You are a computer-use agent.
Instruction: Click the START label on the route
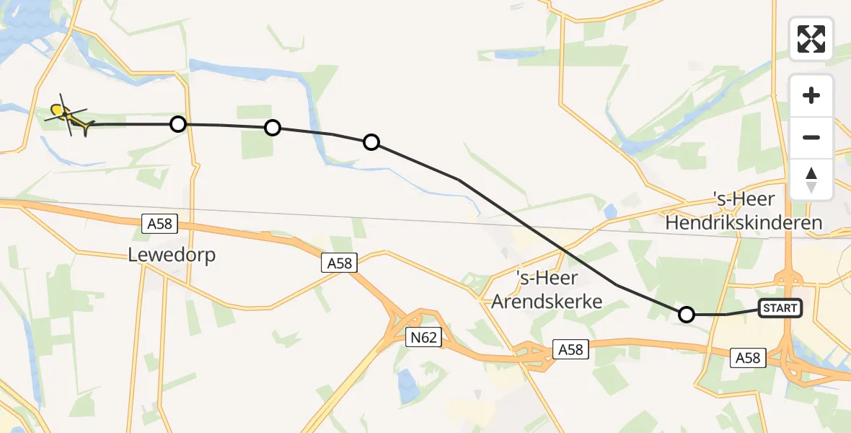click(780, 308)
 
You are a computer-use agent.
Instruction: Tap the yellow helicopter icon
click(69, 117)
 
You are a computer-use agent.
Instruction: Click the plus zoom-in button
click(811, 95)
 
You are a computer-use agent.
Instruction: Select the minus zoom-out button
click(811, 137)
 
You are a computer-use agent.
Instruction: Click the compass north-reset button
click(811, 179)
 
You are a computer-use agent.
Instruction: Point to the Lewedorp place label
click(172, 255)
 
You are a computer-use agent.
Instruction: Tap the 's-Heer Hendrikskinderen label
click(744, 211)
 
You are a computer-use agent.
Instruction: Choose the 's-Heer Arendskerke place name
click(547, 290)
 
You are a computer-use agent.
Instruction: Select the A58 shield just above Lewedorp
click(159, 224)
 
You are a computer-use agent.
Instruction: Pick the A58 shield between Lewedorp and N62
click(339, 263)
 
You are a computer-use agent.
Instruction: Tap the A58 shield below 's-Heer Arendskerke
click(571, 350)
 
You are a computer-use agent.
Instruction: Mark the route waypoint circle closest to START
click(687, 314)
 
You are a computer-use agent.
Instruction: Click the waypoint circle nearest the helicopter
click(177, 124)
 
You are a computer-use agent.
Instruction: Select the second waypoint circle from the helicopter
click(272, 128)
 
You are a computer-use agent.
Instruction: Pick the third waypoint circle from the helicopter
click(371, 142)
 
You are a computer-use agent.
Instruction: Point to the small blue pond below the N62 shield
click(406, 382)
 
